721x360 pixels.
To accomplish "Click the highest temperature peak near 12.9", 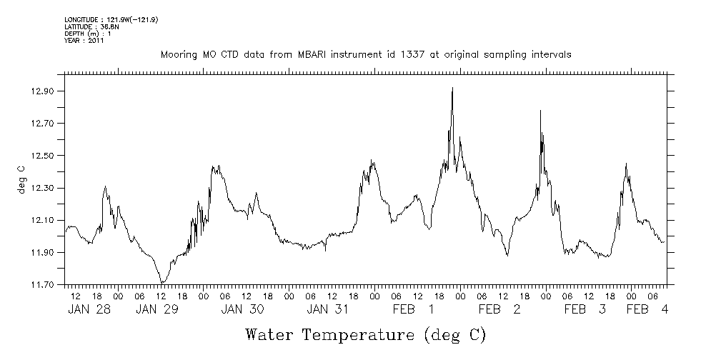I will [x=452, y=88].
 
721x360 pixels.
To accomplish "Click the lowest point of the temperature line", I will [x=163, y=283].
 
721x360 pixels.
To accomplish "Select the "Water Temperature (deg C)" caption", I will [x=365, y=334].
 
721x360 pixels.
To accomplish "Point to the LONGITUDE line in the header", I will [x=111, y=19].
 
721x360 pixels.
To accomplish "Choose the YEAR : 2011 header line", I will [x=84, y=41].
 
